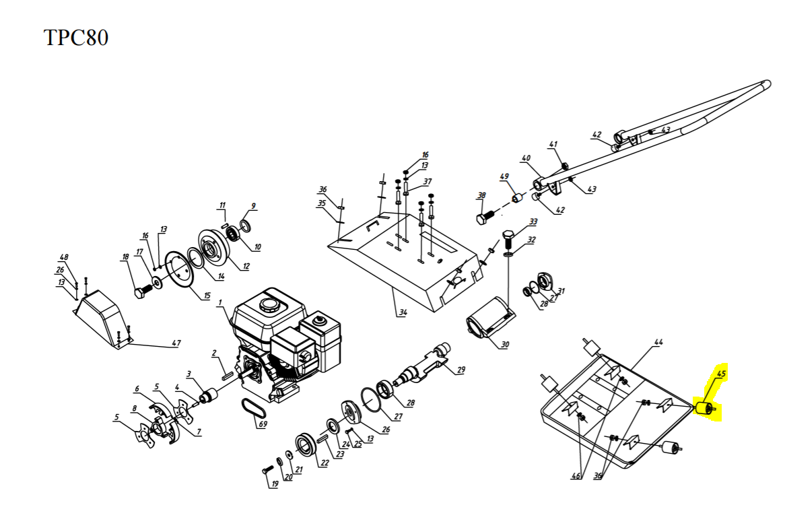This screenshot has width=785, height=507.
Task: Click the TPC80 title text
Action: pos(76,38)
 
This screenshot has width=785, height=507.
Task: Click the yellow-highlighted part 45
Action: pos(704,408)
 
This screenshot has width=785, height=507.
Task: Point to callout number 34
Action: pos(402,312)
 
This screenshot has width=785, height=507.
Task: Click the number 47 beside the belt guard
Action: pos(175,343)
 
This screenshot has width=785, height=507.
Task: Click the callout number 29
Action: pos(460,370)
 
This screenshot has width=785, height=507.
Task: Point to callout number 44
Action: pos(658,343)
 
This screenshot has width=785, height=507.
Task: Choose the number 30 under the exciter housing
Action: pos(504,345)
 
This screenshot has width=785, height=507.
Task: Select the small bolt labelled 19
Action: pos(266,469)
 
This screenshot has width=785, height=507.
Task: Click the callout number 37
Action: pos(427,182)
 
